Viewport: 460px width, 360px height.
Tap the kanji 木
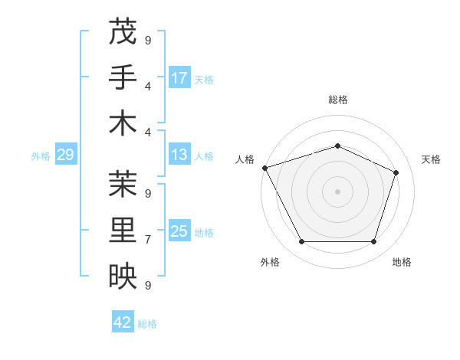tap(122, 124)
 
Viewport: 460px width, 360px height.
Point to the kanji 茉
tap(122, 183)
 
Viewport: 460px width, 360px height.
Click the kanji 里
tap(122, 230)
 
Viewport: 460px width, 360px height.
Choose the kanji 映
tap(122, 277)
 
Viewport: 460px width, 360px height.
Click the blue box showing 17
tap(179, 78)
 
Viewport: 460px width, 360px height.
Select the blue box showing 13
tap(179, 155)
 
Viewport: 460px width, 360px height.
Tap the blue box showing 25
tap(179, 232)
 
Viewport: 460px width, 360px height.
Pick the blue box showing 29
tap(65, 155)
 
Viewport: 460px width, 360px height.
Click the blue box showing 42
tap(123, 323)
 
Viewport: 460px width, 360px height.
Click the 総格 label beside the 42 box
tap(147, 324)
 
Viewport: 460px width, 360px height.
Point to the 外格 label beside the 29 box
tap(41, 156)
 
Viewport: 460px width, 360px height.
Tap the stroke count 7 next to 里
tap(148, 240)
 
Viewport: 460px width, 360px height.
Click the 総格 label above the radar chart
tap(337, 100)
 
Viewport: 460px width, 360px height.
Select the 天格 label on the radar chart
tap(431, 159)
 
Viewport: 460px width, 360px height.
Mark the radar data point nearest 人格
tap(264, 168)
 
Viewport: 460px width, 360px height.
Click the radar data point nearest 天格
tap(396, 172)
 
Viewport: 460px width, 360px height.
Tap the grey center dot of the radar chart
tap(337, 191)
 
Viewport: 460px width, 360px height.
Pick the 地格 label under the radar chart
tap(402, 262)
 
